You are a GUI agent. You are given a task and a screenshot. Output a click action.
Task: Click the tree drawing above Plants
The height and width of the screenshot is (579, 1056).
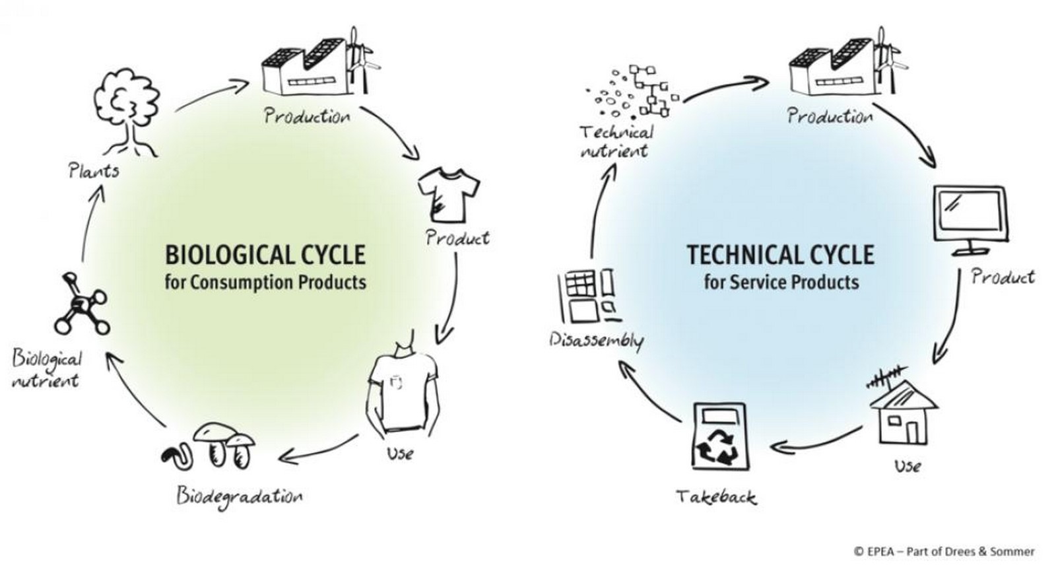pyautogui.click(x=126, y=112)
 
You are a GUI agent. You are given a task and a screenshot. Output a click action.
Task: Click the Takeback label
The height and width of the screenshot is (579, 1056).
pyautogui.click(x=716, y=497)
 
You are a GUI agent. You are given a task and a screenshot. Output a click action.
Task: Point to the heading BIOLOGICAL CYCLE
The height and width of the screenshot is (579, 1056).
pyautogui.click(x=265, y=255)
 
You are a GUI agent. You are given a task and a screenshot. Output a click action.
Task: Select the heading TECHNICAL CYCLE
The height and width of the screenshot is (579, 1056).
pyautogui.click(x=780, y=255)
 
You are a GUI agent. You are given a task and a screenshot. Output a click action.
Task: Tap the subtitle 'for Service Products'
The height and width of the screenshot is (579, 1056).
pyautogui.click(x=781, y=283)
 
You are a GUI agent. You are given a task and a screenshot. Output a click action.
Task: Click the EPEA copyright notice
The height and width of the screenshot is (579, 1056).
pyautogui.click(x=944, y=551)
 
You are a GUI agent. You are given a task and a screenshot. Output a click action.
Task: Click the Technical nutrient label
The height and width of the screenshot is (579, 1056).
pyautogui.click(x=616, y=141)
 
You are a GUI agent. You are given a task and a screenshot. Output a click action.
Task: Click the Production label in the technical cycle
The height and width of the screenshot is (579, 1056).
pyautogui.click(x=830, y=116)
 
